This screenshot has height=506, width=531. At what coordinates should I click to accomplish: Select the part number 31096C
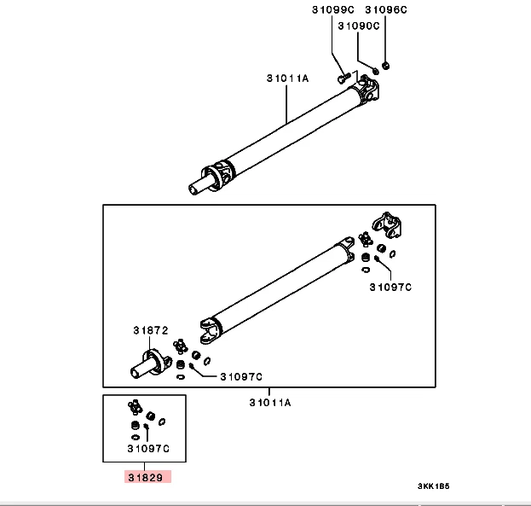point(386,9)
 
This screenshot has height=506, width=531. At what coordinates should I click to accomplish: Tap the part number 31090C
point(358,26)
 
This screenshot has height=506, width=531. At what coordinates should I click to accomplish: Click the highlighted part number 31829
point(147,477)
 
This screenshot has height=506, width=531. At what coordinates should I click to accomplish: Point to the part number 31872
point(150,329)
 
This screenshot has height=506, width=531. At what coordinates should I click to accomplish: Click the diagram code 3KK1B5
point(432,487)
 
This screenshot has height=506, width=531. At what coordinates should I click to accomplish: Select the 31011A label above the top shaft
point(286,78)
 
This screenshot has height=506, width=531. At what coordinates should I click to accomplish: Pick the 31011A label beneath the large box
point(270,402)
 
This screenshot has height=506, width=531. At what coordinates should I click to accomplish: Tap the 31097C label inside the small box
point(148,447)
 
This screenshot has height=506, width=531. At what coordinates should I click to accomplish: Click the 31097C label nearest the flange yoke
point(390,288)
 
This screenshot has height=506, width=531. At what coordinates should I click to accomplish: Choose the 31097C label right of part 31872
point(241,376)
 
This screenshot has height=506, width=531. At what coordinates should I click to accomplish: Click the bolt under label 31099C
point(343,78)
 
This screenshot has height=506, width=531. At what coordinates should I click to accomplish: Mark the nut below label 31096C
point(386,65)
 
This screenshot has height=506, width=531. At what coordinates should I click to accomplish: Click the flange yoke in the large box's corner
point(390,228)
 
